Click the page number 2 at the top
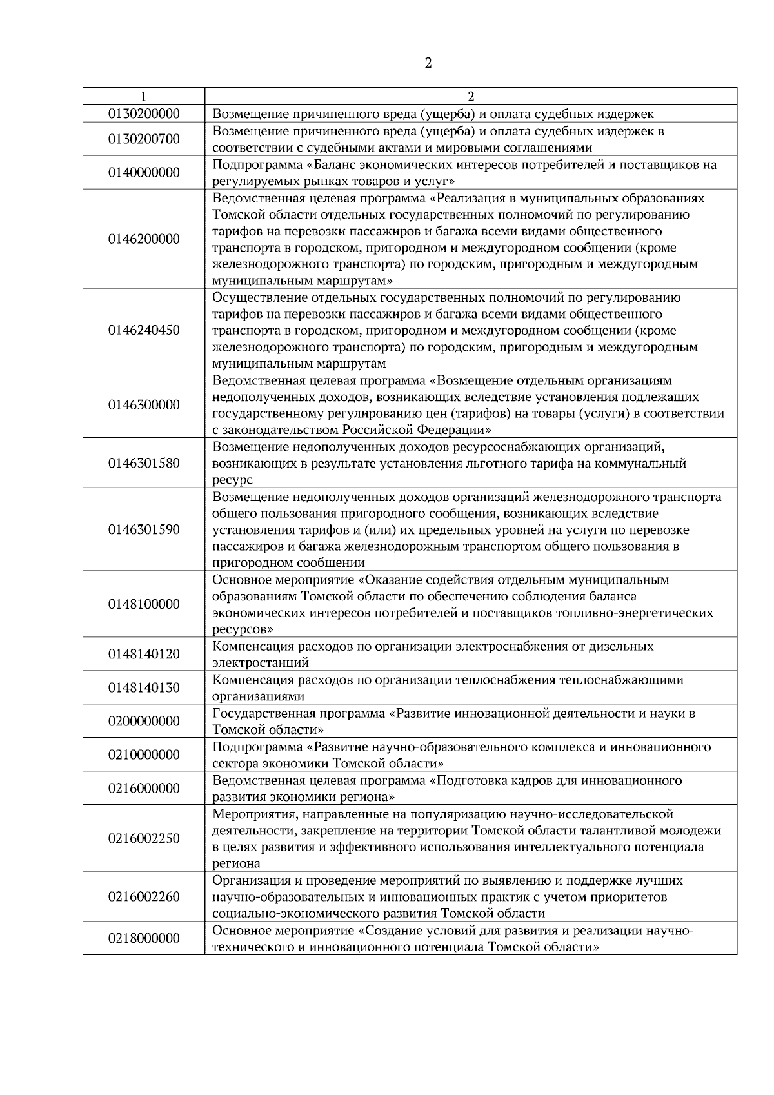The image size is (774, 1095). click(x=428, y=63)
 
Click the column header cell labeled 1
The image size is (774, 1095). click(x=143, y=97)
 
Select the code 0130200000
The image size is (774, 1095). click(x=144, y=114)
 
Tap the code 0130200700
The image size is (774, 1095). click(x=144, y=139)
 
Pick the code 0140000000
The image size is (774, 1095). click(x=144, y=173)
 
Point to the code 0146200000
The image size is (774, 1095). click(x=144, y=239)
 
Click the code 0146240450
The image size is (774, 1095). click(x=144, y=330)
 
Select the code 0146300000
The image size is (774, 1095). click(x=144, y=405)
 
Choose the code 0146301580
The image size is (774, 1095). click(x=144, y=463)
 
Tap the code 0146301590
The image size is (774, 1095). click(x=144, y=529)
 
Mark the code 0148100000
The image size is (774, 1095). click(x=144, y=604)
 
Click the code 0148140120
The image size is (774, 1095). click(x=144, y=655)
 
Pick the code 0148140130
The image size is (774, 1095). click(x=144, y=688)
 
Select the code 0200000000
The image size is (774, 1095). click(x=144, y=722)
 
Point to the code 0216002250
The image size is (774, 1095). click(x=144, y=838)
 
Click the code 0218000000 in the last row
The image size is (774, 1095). click(x=144, y=938)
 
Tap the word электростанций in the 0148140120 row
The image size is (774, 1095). click(x=261, y=663)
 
